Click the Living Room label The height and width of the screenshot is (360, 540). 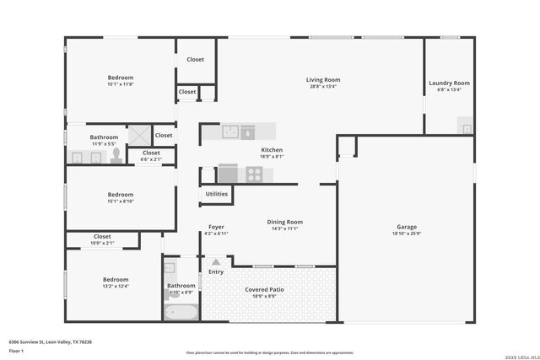(324, 79)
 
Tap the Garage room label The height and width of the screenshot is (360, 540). (407, 226)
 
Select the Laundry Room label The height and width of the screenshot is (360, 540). (449, 83)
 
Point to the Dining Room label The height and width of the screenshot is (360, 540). (284, 222)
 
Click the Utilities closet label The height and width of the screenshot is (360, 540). (216, 193)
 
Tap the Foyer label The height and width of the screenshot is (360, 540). (217, 227)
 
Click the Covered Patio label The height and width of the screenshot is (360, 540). (265, 289)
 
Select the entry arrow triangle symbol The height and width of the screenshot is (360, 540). (216, 262)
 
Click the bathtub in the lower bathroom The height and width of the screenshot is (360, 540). (181, 312)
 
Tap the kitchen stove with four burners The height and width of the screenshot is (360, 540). (254, 175)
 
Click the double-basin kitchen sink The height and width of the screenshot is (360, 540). (230, 132)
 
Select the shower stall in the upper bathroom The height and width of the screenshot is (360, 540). (138, 134)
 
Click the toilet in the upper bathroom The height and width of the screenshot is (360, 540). (116, 156)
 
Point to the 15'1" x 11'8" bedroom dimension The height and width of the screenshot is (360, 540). (121, 84)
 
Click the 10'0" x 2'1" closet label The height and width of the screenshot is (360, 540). (102, 244)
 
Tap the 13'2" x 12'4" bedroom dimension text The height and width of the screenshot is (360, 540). (116, 286)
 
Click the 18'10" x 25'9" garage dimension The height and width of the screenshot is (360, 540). (407, 233)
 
